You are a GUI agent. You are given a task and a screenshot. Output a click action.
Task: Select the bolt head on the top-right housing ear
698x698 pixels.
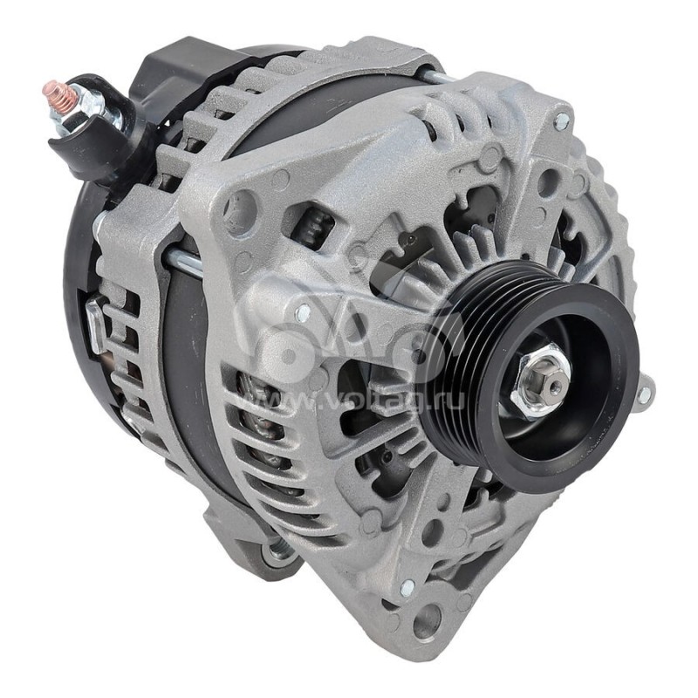560,120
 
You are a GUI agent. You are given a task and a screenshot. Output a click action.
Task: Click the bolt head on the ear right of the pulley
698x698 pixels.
644,394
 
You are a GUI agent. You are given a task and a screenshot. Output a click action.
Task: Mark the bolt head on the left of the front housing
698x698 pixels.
302,312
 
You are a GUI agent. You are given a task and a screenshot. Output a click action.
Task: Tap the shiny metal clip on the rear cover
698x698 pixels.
94,323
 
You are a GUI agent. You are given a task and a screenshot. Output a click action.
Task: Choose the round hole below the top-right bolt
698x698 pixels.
548,183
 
